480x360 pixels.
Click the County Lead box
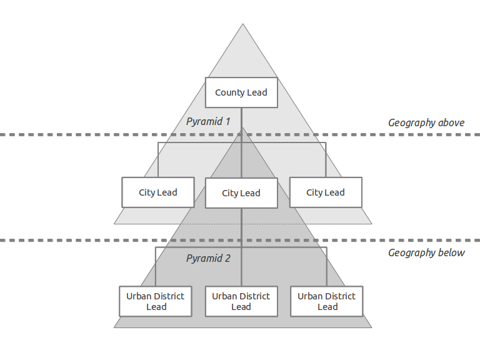241,92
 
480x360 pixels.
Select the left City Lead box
158,192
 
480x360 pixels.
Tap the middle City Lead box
241,193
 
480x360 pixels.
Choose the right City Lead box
326,192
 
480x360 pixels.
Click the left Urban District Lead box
156,301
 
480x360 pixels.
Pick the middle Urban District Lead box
241,301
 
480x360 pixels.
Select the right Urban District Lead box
327,301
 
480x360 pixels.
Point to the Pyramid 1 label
209,121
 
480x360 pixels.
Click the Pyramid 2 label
209,258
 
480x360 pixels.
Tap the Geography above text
426,122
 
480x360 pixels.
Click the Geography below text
426,253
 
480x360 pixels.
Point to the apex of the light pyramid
243,25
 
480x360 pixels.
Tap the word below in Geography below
451,253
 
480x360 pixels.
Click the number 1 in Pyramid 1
228,121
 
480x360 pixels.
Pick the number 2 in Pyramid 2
227,258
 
